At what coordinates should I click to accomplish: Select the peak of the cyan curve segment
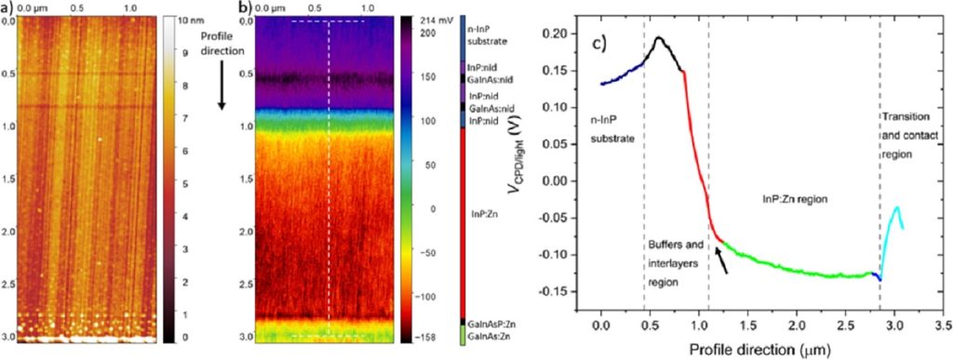point(897,207)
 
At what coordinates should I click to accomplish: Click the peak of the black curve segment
point(659,38)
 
